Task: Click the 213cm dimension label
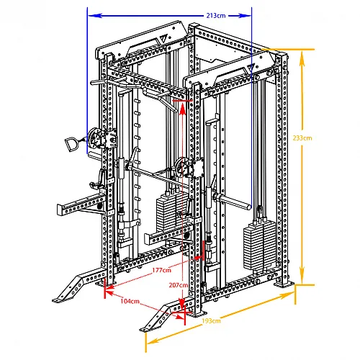tap(216, 16)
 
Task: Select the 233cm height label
tap(302, 138)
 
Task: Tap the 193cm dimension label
tap(211, 321)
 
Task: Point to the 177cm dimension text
tap(161, 270)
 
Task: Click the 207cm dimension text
tap(178, 285)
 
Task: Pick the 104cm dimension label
tap(130, 301)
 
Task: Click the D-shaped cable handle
tap(71, 144)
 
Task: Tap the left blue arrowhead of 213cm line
tap(95, 16)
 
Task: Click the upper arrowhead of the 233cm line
tap(302, 58)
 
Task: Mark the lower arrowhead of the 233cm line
tap(302, 275)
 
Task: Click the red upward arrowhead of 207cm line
tap(183, 109)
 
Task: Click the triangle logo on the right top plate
tap(251, 68)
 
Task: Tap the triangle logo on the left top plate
tap(163, 39)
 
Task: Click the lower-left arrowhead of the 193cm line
tap(153, 341)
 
